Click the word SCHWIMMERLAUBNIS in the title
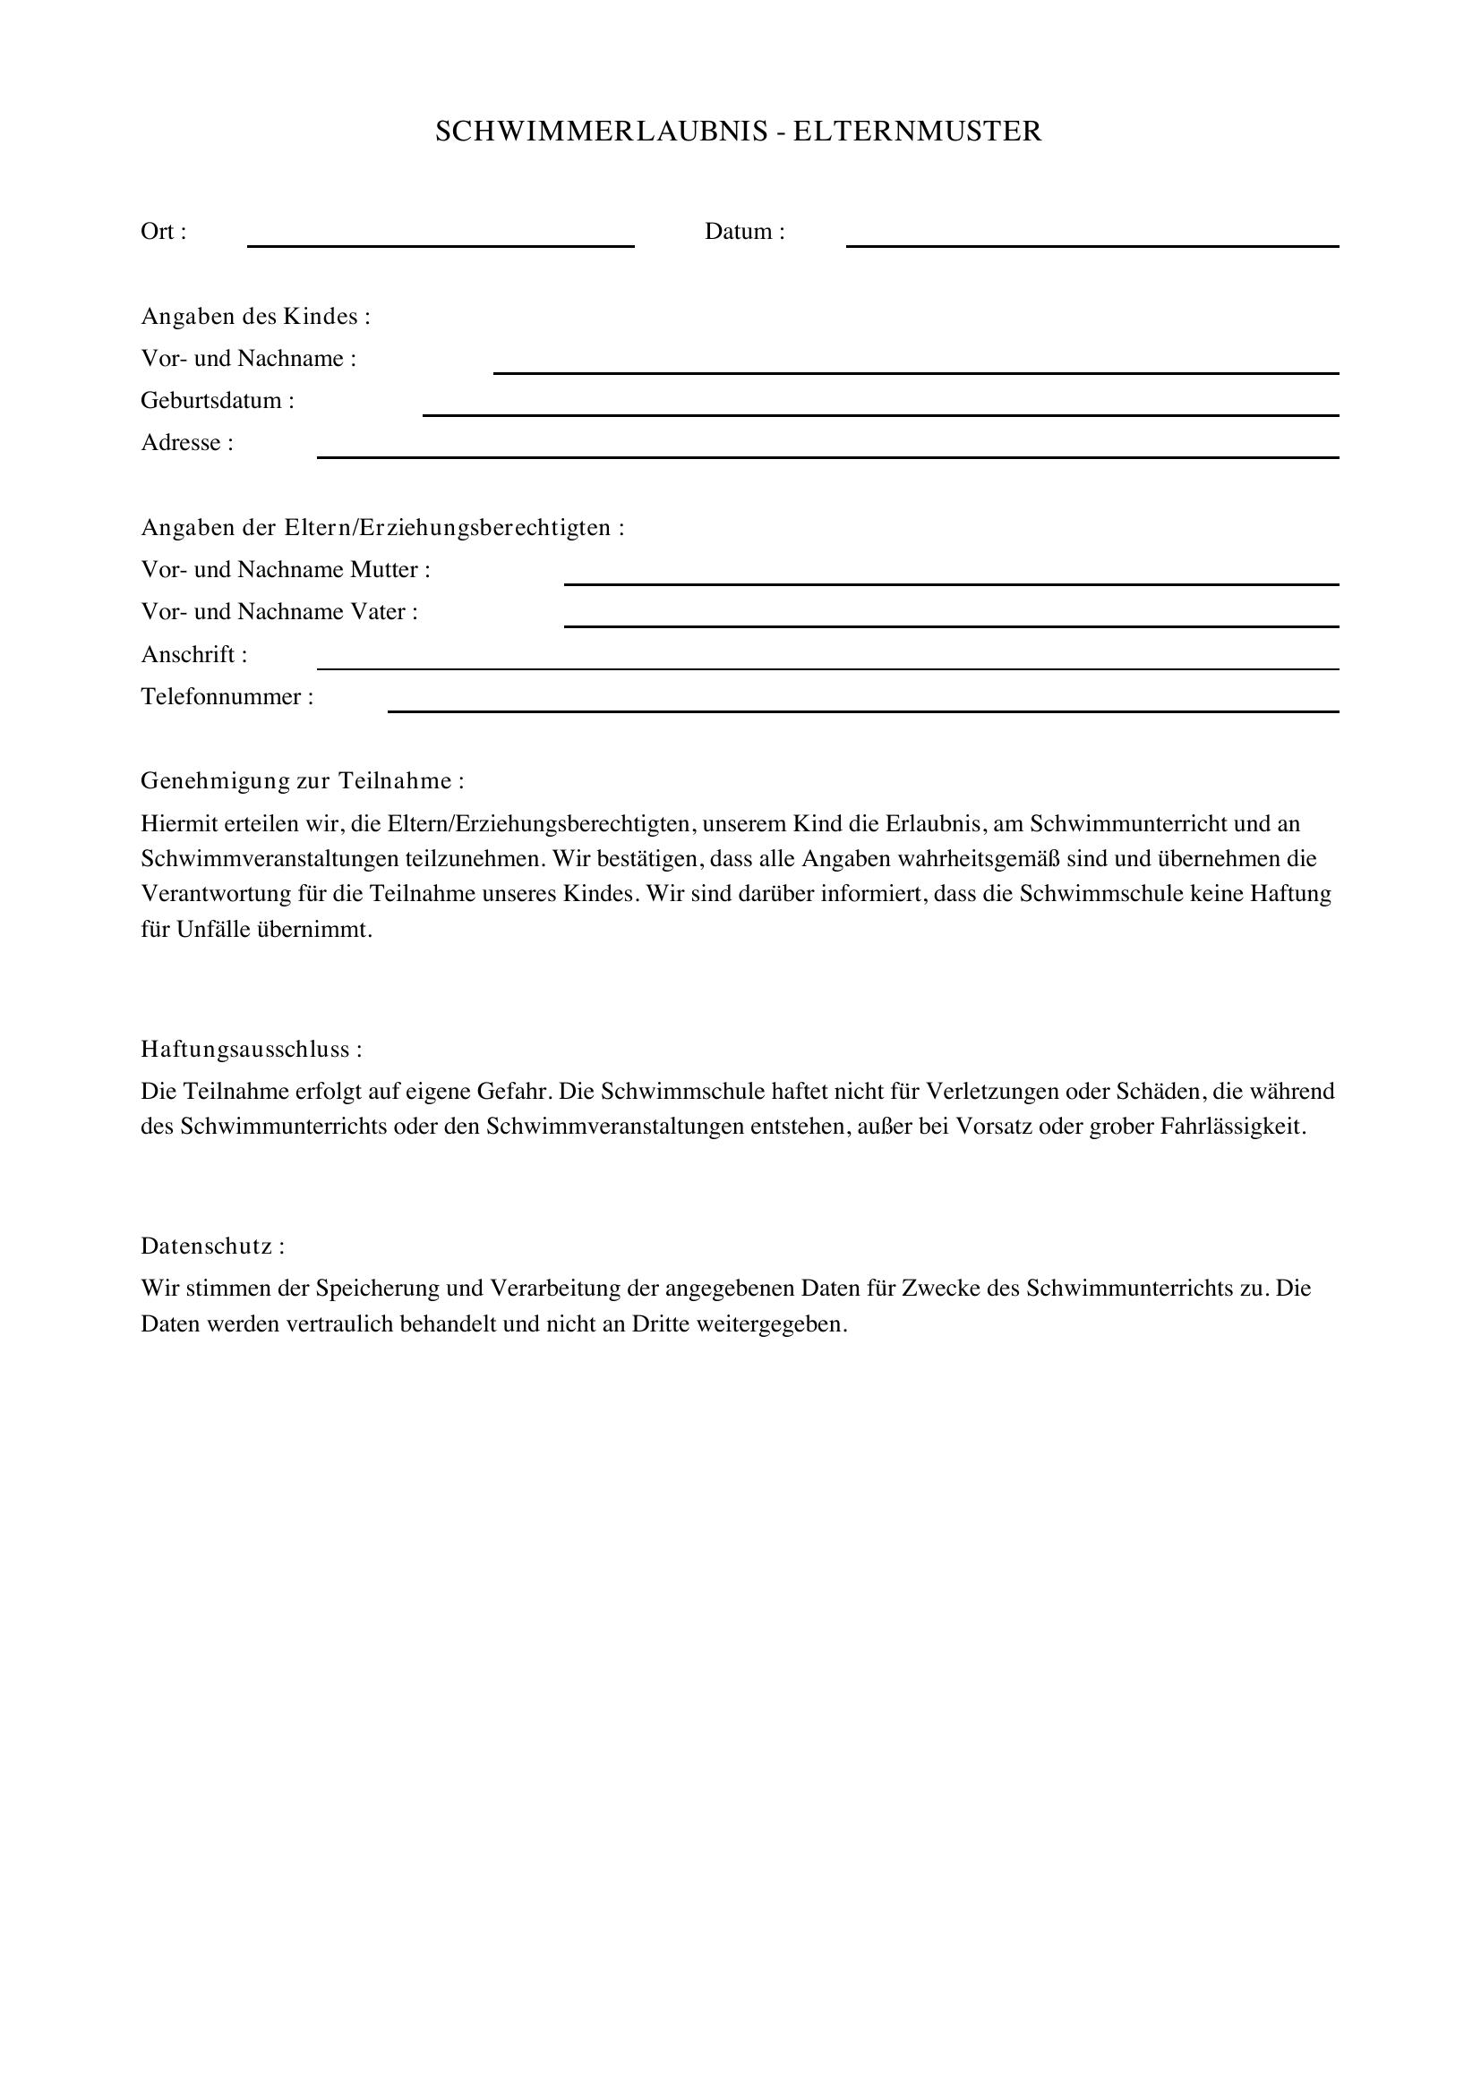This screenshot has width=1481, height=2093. click(x=602, y=132)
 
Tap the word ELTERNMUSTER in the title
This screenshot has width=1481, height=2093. click(x=917, y=132)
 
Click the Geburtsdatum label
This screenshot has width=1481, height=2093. click(x=217, y=401)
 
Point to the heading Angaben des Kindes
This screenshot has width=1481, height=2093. click(x=255, y=316)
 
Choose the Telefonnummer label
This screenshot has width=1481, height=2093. click(x=227, y=697)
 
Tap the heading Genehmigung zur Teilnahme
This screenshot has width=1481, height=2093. click(x=302, y=781)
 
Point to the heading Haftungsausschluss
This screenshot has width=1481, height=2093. click(x=251, y=1050)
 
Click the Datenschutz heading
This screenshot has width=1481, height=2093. click(x=212, y=1246)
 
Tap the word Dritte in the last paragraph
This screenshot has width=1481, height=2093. click(x=660, y=1323)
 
